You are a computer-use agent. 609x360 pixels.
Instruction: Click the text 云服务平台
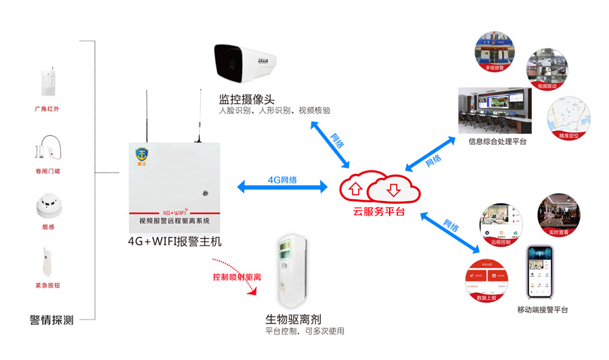pos(380,211)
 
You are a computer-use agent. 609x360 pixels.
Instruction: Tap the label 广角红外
pos(47,108)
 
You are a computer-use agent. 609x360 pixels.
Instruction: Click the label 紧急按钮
pos(47,286)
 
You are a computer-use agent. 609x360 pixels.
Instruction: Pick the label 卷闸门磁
pos(47,171)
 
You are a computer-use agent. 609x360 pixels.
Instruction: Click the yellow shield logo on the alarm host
pos(143,155)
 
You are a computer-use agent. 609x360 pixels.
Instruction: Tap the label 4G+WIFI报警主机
pos(175,241)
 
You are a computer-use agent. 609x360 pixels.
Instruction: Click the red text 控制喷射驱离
pos(237,277)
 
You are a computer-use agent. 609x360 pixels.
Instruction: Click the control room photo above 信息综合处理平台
pos(495,111)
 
